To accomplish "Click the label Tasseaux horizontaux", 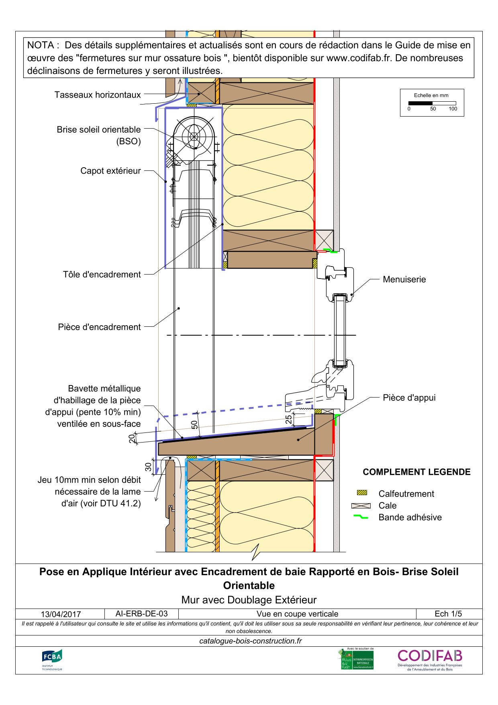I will (x=98, y=95).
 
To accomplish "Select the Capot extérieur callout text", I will (x=110, y=171).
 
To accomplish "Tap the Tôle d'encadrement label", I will (x=102, y=275).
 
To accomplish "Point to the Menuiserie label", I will (x=404, y=279).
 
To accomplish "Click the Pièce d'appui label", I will (x=409, y=398).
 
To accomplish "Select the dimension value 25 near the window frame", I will (x=289, y=420).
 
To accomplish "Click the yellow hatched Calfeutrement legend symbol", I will (x=362, y=493).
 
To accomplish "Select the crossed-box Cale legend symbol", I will (x=361, y=506).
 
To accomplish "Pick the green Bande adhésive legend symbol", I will (x=361, y=517).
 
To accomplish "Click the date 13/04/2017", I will (x=61, y=614).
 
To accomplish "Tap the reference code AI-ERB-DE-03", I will (x=141, y=614).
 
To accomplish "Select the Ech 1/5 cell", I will (x=448, y=614).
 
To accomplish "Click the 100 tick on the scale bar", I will (x=453, y=109).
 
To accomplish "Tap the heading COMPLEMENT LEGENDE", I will (x=416, y=472).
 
